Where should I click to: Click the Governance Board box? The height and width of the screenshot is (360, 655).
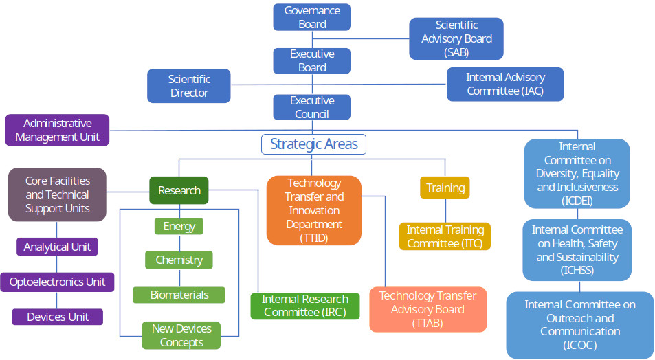(x=311, y=17)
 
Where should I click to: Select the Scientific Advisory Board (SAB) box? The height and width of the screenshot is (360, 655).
(x=456, y=38)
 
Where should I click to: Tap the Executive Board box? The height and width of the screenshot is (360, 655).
(x=311, y=60)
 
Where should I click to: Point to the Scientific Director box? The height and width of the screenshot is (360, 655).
(x=189, y=86)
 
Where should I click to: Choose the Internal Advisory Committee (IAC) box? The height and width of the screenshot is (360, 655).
(x=505, y=84)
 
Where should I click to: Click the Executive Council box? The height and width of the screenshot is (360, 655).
(x=311, y=107)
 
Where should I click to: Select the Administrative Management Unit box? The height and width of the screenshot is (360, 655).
(x=57, y=130)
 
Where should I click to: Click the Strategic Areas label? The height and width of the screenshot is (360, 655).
(x=313, y=144)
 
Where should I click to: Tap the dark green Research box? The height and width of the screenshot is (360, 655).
(x=179, y=190)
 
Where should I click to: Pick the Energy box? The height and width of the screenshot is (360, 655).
(x=179, y=226)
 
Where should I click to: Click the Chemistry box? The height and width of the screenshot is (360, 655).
(x=179, y=260)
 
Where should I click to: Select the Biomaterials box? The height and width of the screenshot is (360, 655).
(x=179, y=295)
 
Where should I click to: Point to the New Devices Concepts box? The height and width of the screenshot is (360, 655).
(x=181, y=335)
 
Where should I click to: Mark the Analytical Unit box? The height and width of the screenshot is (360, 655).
(x=57, y=247)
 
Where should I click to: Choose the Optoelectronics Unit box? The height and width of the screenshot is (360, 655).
(x=57, y=282)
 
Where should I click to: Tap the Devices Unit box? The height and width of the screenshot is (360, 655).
(x=57, y=317)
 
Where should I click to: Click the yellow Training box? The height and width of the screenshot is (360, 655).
(x=445, y=188)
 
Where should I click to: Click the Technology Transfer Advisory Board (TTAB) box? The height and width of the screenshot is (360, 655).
(x=428, y=309)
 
